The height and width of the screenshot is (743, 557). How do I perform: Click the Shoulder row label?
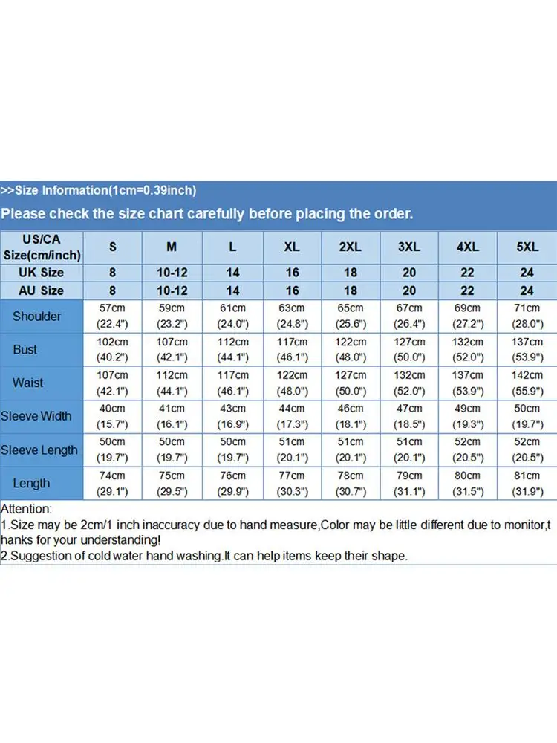pos(37,317)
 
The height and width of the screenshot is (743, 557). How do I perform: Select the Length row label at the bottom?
pos(31,483)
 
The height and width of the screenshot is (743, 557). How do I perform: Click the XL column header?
pos(292,247)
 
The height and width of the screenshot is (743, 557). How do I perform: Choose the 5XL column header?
pos(527,247)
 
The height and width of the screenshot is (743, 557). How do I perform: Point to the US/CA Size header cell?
pos(42,247)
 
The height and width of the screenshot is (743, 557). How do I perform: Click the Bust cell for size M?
pos(172,349)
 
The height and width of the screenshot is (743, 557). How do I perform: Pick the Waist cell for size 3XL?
pos(409,383)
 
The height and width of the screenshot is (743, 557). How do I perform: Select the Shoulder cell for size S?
pos(113,317)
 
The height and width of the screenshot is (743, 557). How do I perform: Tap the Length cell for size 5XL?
pos(527,483)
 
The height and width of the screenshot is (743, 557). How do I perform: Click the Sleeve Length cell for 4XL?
pos(468,450)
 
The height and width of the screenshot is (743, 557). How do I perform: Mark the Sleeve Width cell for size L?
pos(232,416)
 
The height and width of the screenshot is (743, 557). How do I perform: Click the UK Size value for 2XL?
pos(351,273)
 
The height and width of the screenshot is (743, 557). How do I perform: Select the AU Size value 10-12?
pos(172,291)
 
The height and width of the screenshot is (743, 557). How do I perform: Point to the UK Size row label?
pos(42,273)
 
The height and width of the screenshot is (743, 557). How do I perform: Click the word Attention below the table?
pos(26,510)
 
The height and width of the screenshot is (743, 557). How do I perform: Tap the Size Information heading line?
pos(98,191)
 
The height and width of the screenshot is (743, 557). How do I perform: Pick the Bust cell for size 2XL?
pos(351,349)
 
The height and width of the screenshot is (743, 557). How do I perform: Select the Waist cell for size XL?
pos(292,383)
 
